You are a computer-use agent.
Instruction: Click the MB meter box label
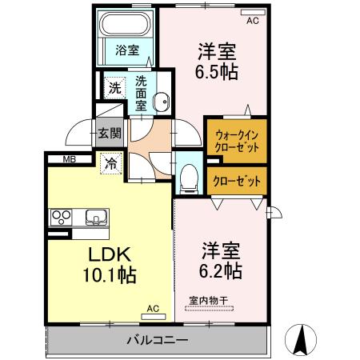coord(70,158)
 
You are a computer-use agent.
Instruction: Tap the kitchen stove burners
coord(62,216)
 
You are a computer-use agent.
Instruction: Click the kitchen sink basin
coord(94,216)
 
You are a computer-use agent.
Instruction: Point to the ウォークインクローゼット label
coord(236,142)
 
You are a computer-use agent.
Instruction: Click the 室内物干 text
coord(209,301)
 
